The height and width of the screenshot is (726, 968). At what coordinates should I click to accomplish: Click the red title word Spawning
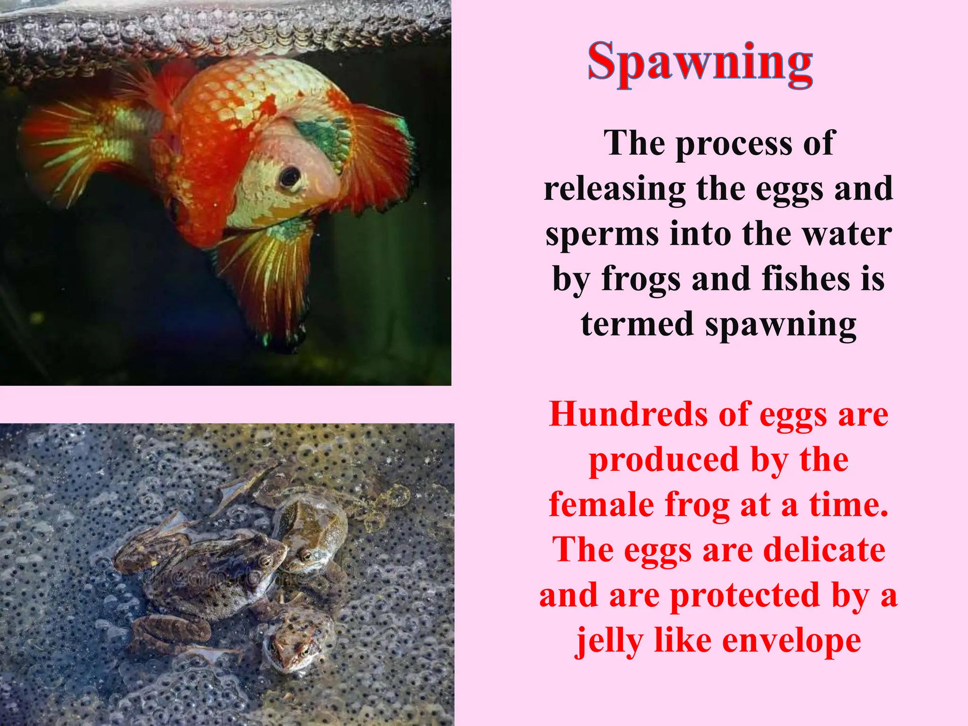click(700, 63)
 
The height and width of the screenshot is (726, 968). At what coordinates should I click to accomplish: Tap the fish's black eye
click(289, 177)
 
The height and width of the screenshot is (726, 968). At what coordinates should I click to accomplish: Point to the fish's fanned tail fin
click(71, 142)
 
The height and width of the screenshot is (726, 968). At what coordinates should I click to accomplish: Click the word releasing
click(614, 189)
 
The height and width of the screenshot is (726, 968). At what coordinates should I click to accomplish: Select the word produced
click(664, 460)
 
